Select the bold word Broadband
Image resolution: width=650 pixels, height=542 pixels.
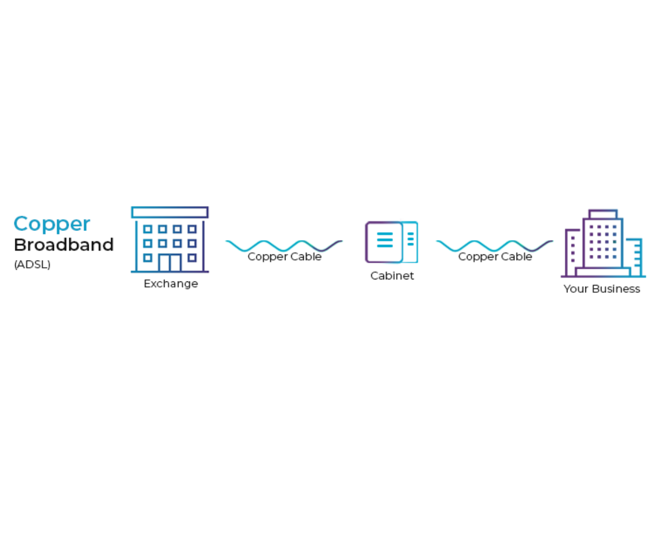pos(64,245)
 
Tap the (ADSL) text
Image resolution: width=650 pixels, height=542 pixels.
pos(33,265)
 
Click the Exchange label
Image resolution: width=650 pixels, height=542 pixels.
pos(171,284)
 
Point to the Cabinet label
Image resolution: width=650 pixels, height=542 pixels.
pos(392,276)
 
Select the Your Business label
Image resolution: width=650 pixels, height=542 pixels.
pos(602,289)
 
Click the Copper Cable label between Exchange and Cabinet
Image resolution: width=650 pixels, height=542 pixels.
pos(284,257)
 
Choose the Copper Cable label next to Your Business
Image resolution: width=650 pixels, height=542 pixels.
pos(496,257)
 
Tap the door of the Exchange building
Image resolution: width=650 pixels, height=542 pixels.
pos(170,263)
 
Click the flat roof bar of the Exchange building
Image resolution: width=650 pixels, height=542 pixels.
pos(170,212)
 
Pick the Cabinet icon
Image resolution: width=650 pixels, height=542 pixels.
pos(392,242)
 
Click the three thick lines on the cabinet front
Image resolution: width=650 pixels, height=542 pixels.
pos(385,240)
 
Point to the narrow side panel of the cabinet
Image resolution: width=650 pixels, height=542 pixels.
pos(410,242)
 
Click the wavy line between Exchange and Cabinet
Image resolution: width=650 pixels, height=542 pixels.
pos(284,246)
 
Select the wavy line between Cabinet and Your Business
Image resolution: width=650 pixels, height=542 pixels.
pos(495,246)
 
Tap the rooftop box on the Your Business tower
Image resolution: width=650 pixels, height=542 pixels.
pos(603,214)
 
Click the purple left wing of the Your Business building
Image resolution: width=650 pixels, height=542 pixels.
pos(573,253)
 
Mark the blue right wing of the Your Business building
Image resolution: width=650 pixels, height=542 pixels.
pos(634,257)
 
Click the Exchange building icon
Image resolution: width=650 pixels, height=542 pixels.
pos(170,240)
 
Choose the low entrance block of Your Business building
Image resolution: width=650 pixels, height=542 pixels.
pos(603,272)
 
